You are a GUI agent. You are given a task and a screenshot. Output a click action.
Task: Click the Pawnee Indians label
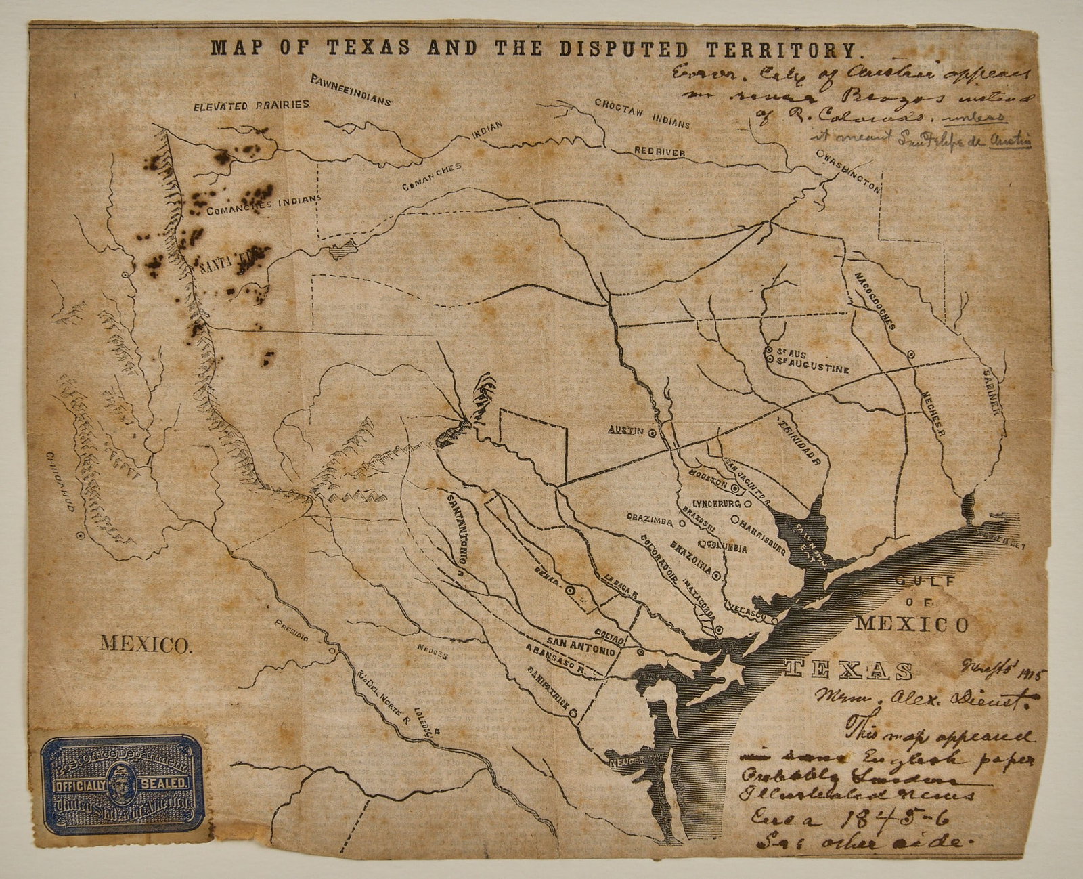point(351,91)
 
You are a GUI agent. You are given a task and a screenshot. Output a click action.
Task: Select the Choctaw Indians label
point(642,114)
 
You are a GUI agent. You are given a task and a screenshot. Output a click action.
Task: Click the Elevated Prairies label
point(251,106)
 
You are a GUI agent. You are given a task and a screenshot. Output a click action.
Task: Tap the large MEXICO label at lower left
point(145,643)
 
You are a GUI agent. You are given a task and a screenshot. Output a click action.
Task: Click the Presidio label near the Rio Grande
point(293,631)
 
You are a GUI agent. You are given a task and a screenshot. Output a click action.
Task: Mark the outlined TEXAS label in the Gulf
point(849,669)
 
